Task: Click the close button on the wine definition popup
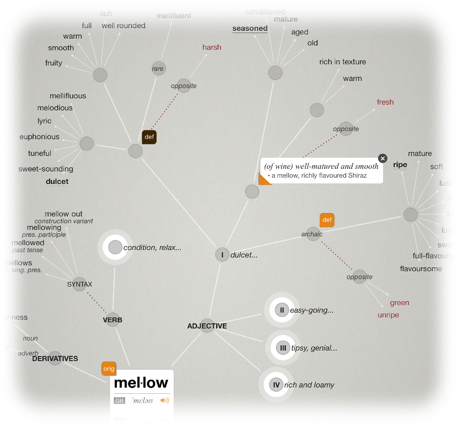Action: click(x=382, y=158)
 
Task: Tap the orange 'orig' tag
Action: click(x=109, y=369)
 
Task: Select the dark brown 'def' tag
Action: click(x=149, y=137)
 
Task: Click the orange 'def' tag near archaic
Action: click(x=327, y=220)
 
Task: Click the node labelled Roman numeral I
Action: click(x=222, y=255)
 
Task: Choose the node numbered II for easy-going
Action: click(x=281, y=310)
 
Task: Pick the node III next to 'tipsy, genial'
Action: click(x=282, y=348)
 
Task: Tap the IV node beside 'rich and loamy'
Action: click(x=277, y=385)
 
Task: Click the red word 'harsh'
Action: click(x=212, y=47)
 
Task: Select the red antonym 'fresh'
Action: click(x=385, y=102)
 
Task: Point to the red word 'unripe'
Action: click(x=388, y=315)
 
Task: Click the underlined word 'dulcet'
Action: click(x=57, y=181)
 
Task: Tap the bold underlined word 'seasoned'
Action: click(x=250, y=29)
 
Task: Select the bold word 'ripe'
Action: click(x=400, y=165)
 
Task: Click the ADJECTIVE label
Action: click(x=207, y=326)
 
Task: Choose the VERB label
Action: click(x=112, y=320)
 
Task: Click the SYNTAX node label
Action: click(x=80, y=284)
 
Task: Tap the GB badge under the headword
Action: click(x=120, y=401)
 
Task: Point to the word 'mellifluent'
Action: click(x=174, y=16)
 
